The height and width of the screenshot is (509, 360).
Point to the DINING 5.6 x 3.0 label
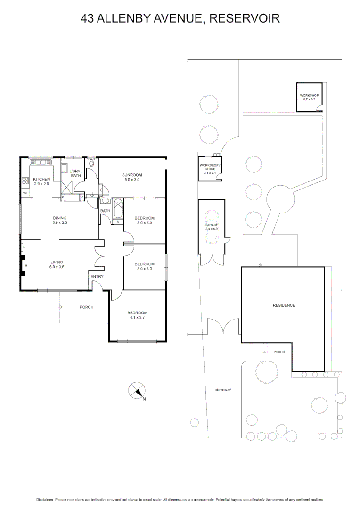(60, 220)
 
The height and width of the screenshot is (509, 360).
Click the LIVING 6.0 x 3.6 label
(57, 264)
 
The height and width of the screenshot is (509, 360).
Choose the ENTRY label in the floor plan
(97, 276)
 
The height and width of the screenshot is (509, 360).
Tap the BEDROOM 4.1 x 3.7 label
(137, 315)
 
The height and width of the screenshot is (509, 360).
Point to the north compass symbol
(137, 391)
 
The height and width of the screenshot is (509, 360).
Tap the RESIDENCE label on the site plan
(284, 305)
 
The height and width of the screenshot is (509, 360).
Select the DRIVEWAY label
(222, 390)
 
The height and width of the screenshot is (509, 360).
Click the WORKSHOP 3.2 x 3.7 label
(310, 98)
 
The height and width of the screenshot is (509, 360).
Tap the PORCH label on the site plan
(279, 352)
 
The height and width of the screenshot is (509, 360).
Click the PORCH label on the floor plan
(86, 307)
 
